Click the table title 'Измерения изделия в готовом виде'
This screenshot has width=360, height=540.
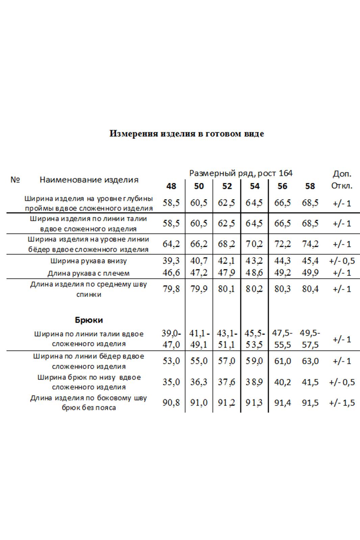pyautogui.click(x=186, y=134)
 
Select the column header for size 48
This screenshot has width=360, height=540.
pyautogui.click(x=171, y=186)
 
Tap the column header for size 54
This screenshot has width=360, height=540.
pyautogui.click(x=255, y=186)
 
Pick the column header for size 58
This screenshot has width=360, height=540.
pyautogui.click(x=310, y=186)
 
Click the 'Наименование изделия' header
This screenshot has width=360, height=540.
pyautogui.click(x=89, y=180)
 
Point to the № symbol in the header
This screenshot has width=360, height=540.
pyautogui.click(x=15, y=180)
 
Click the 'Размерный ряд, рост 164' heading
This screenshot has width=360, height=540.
pyautogui.click(x=241, y=173)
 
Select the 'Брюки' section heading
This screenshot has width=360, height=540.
pyautogui.click(x=89, y=320)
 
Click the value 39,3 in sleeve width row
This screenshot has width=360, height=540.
pyautogui.click(x=171, y=261)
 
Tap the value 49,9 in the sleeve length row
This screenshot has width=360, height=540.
pyautogui.click(x=310, y=273)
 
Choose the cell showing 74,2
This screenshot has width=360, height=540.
pyautogui.click(x=310, y=244)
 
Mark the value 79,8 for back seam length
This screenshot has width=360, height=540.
pyautogui.click(x=171, y=289)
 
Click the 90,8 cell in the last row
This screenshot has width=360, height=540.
pyautogui.click(x=171, y=403)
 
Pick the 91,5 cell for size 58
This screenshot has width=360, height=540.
pyautogui.click(x=310, y=403)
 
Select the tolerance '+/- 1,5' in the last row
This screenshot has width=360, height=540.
pyautogui.click(x=342, y=403)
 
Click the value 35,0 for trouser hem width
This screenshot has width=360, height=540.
pyautogui.click(x=171, y=382)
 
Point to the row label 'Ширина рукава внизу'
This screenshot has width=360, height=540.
pyautogui.click(x=88, y=261)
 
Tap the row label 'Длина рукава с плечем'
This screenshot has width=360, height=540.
pyautogui.click(x=88, y=273)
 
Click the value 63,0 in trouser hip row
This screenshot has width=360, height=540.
pyautogui.click(x=310, y=361)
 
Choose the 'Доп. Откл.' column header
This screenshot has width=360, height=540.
pyautogui.click(x=342, y=180)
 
